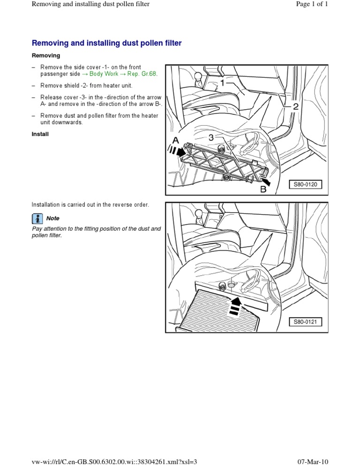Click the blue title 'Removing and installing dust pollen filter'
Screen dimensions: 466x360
[x=106, y=43]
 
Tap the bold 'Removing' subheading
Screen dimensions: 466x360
[x=46, y=55]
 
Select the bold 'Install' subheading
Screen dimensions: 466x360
[x=40, y=134]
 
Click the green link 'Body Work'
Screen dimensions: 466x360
[x=104, y=74]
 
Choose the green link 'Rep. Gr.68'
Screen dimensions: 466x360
[x=142, y=74]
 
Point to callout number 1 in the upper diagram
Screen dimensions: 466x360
[x=222, y=83]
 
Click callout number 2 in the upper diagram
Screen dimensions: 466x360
[x=295, y=107]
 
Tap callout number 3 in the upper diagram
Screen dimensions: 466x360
[x=211, y=137]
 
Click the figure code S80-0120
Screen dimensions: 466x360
[x=305, y=185]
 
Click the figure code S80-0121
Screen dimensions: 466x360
[x=305, y=322]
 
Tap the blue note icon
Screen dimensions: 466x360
[x=37, y=218]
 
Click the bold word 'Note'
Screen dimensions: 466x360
[x=53, y=218]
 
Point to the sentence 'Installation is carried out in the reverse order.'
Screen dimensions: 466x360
[x=90, y=204]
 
